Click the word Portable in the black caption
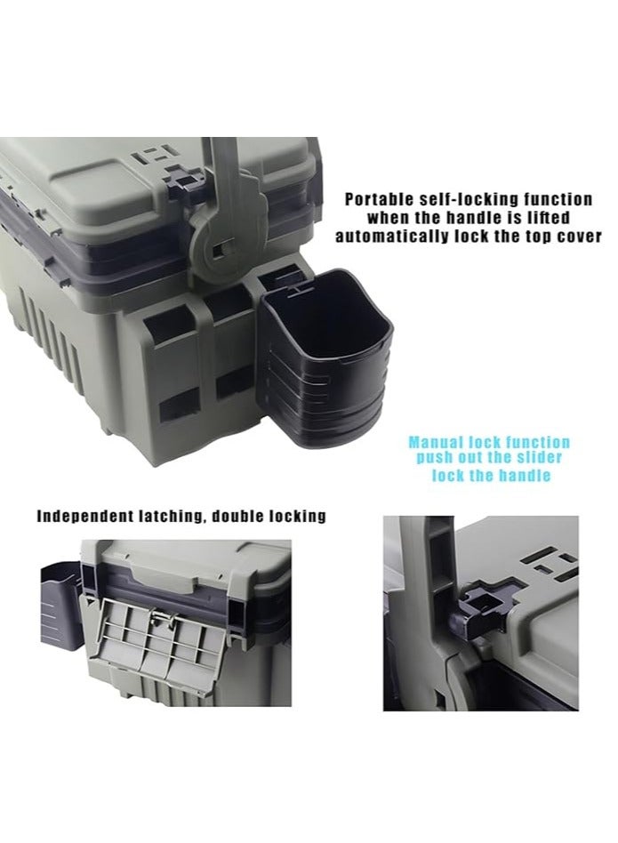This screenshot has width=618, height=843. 380,200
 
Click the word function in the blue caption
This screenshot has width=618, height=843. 535,442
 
